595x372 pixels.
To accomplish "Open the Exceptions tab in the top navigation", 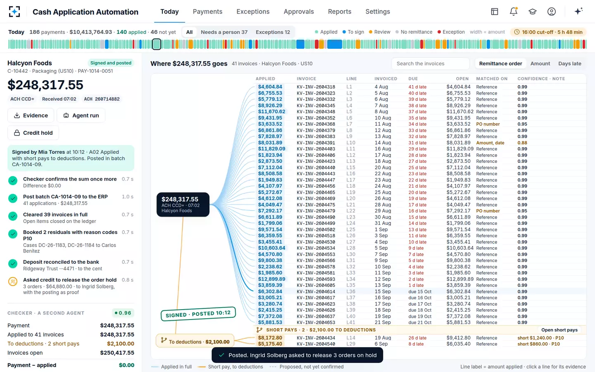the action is tap(253, 12).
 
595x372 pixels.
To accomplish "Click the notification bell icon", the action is tap(514, 12).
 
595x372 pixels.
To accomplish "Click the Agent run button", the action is tap(81, 115).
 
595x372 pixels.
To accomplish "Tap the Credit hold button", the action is tap(33, 133).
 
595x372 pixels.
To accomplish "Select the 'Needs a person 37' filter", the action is tap(224, 32).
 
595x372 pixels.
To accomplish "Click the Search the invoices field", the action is tap(430, 64).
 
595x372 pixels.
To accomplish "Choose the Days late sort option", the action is tap(570, 64).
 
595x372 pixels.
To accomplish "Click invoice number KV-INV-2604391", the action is tap(316, 143).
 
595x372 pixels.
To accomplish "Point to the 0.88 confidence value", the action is tap(522, 143).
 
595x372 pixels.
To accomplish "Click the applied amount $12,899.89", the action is tap(271, 279).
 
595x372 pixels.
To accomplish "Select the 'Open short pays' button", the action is tap(559, 330).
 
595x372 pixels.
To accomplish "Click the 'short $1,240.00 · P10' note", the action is tap(540, 338).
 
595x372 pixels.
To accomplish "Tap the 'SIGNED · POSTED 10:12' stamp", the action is tap(198, 314).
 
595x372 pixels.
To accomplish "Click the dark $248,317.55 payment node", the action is tap(183, 205).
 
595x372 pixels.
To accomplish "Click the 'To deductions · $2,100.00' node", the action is tap(195, 341).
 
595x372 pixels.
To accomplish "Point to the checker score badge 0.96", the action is tap(123, 313).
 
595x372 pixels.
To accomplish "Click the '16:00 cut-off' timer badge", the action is tap(549, 32).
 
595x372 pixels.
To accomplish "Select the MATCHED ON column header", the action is tap(492, 79).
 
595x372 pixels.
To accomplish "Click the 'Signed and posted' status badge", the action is tap(111, 63).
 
